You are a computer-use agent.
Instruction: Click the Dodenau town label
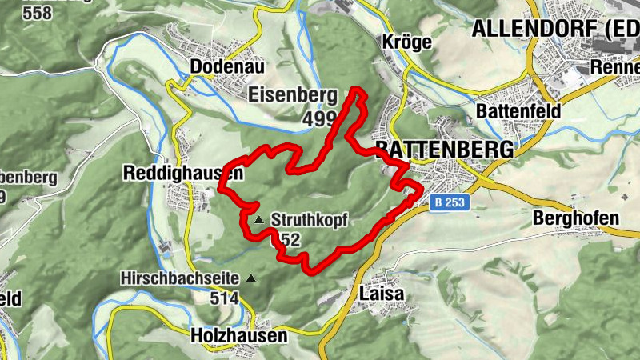pos(227,66)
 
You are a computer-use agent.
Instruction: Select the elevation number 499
pos(320,118)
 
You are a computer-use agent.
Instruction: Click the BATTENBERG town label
pos(445,150)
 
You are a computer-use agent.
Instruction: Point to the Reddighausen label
pos(183,173)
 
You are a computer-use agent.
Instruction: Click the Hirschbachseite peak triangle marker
pos(252,278)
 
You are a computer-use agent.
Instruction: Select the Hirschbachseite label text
pos(180,278)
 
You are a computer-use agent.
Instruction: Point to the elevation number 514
pos(225,298)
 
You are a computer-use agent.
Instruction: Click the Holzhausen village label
pos(238,336)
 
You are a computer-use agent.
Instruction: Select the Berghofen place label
pos(575,218)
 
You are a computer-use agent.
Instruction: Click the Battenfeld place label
pos(518,110)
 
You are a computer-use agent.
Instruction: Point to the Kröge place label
pos(407,42)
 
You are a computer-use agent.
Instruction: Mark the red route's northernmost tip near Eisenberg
pos(357,90)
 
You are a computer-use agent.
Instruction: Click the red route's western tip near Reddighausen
pos(222,189)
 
